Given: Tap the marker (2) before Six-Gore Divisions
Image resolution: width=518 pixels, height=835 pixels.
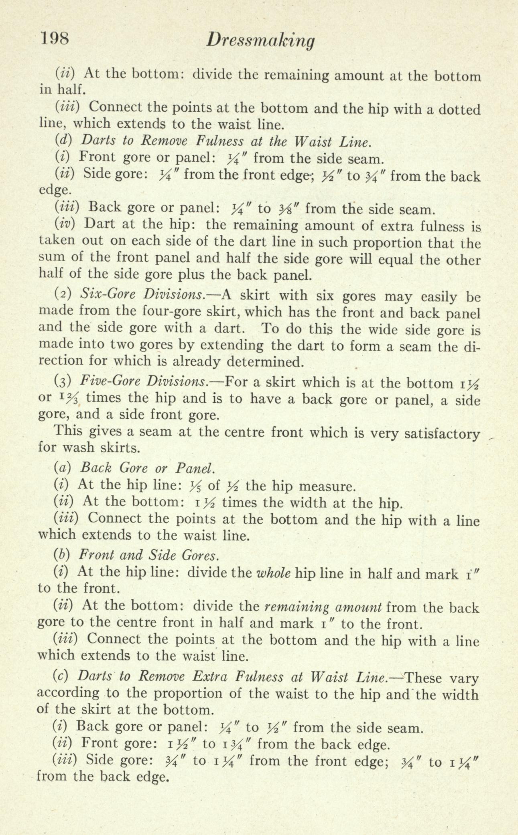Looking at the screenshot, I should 63,294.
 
